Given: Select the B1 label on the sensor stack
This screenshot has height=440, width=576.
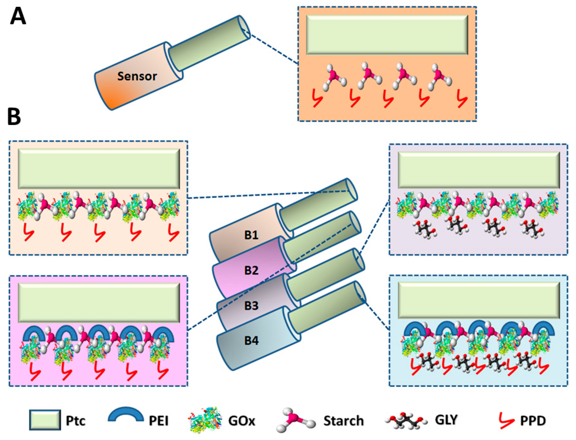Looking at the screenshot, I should tap(251, 235).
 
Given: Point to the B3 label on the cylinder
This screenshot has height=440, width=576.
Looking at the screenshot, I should tap(251, 305).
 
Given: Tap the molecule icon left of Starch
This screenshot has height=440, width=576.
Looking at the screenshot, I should tap(295, 420).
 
